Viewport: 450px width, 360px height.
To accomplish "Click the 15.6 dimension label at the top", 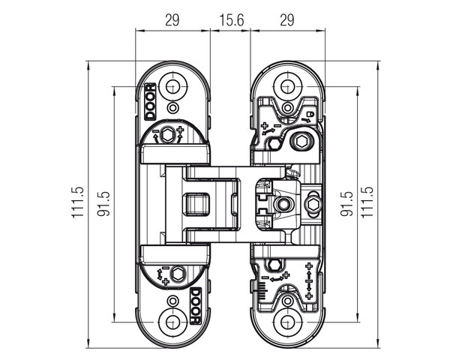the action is click(x=232, y=20).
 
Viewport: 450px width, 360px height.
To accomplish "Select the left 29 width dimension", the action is click(x=172, y=20).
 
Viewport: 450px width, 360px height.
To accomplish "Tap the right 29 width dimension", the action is click(x=287, y=20).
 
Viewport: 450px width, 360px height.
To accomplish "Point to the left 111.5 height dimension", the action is click(x=78, y=202).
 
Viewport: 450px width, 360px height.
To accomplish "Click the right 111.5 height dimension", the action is click(x=367, y=202).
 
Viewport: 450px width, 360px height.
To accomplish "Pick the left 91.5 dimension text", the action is click(x=103, y=204).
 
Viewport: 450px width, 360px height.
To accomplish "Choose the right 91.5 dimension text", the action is click(x=346, y=204).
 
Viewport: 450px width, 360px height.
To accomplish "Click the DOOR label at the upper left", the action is click(x=150, y=102).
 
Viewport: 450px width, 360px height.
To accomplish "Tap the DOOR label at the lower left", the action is click(x=196, y=306).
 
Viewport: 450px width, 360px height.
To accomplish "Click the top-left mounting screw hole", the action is click(x=172, y=85).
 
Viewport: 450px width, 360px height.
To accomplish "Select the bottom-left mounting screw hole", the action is click(x=172, y=322).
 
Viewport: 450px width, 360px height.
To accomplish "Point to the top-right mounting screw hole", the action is click(x=287, y=85).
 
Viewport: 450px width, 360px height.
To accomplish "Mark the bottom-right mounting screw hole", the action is click(x=287, y=322).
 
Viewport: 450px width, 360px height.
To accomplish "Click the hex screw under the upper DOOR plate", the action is click(x=166, y=135).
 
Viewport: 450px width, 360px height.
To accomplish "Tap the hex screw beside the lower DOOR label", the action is click(x=178, y=274).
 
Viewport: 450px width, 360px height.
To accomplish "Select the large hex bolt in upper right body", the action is click(x=301, y=141).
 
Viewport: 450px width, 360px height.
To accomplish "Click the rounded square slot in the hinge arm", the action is click(x=196, y=204).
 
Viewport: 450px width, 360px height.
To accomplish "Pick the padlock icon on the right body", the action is click(x=310, y=114).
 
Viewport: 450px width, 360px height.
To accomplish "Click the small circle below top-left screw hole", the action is click(x=172, y=108).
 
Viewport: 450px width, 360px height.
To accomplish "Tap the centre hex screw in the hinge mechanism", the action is click(x=284, y=204).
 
